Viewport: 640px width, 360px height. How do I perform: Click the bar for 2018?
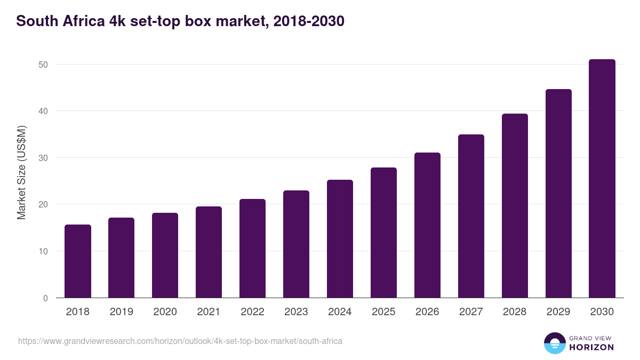coord(78,261)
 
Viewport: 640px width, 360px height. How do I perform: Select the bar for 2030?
coord(602,179)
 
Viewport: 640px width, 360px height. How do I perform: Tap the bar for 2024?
coord(340,239)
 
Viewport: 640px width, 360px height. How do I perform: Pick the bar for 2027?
coord(471,216)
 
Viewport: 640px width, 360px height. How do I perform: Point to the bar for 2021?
coord(209,252)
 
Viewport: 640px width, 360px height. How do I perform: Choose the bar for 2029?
coord(558,194)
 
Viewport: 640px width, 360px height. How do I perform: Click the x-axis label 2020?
coord(165,312)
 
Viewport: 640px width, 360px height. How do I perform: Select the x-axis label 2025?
coord(383,312)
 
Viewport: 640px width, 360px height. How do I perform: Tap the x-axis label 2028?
coord(515,312)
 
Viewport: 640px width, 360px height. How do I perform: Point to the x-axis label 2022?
coord(252,312)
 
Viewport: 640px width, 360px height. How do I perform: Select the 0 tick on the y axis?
coord(45,298)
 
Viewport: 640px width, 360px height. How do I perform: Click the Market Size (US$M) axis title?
coord(21,172)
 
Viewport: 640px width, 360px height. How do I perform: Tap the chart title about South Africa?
coord(180,21)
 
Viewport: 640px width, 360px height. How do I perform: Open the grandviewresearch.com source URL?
coord(180,341)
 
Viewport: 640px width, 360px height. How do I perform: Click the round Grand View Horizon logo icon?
coord(555,343)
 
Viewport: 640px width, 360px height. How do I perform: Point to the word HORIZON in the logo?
coord(592,347)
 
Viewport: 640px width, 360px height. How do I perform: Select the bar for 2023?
coord(296,244)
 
